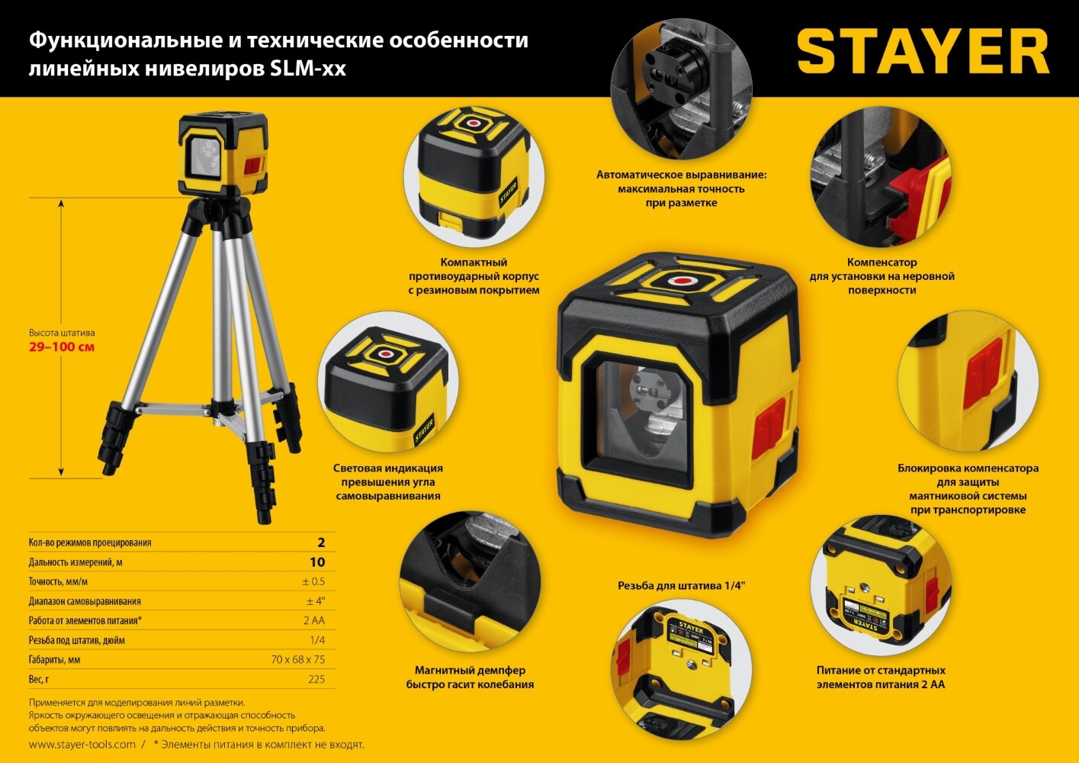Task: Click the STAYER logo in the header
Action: (x=923, y=51)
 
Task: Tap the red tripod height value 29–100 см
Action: (x=62, y=347)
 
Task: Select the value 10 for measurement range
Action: (x=317, y=562)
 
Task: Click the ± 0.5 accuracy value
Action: (x=313, y=581)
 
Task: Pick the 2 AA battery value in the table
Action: (x=314, y=620)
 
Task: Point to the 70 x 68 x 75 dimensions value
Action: (x=298, y=659)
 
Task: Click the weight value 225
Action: (x=316, y=679)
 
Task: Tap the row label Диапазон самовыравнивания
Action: (x=85, y=601)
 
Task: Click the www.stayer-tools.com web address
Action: (x=82, y=745)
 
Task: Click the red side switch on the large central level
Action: (x=769, y=427)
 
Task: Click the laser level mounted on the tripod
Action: (x=223, y=153)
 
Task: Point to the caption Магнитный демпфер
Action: (x=470, y=671)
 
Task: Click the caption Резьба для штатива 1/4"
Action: (x=682, y=586)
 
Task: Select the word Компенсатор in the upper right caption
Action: (x=882, y=262)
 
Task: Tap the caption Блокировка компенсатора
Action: (x=968, y=468)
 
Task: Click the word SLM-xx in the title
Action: (x=308, y=69)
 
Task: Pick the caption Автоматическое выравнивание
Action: (x=681, y=175)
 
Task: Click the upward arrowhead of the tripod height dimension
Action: (x=61, y=204)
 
